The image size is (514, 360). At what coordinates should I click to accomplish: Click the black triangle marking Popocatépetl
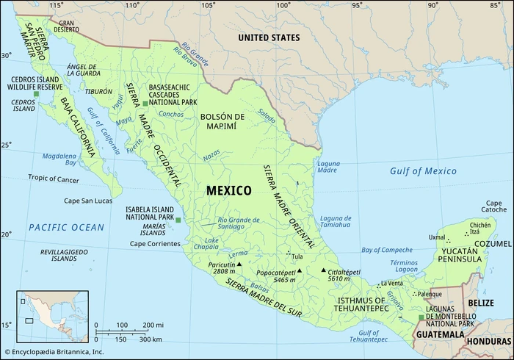click(300, 270)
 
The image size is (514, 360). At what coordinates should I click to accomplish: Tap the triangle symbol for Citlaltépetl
click(323, 270)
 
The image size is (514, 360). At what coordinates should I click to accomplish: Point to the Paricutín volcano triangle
click(239, 263)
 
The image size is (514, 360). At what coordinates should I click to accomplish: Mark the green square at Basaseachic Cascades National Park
click(145, 104)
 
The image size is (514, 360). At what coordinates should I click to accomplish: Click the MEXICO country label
click(228, 191)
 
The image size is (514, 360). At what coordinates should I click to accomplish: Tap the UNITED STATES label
click(268, 37)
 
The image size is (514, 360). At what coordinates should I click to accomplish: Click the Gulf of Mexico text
click(422, 171)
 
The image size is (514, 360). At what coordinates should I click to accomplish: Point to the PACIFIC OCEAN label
click(67, 228)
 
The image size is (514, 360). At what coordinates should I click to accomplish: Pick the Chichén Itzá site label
click(480, 229)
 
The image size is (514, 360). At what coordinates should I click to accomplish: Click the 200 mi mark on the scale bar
click(153, 325)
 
